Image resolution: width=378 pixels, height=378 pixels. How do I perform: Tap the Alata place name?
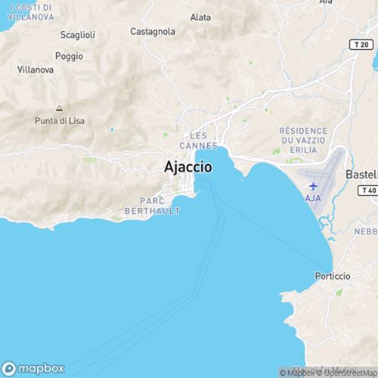201,17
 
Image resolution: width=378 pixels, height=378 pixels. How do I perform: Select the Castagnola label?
153,32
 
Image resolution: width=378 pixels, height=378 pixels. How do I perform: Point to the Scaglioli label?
77,35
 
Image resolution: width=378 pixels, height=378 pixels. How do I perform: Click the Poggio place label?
69,57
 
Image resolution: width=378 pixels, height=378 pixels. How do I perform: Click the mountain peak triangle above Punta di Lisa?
59,107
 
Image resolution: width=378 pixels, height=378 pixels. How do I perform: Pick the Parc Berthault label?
160,206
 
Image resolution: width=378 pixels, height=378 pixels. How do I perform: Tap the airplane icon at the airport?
314,185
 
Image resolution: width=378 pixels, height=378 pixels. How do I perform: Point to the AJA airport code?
314,197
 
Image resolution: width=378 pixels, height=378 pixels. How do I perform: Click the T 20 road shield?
362,46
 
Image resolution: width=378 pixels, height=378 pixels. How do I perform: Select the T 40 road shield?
368,191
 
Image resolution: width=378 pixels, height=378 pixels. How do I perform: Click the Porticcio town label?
333,277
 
